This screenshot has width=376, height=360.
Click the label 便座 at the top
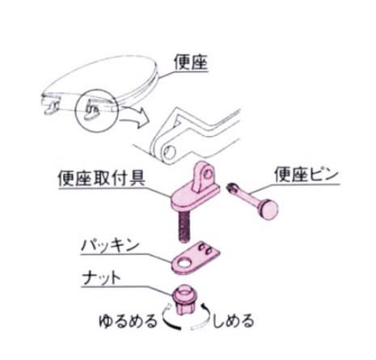coord(191,62)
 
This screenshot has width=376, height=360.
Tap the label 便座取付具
coord(102,178)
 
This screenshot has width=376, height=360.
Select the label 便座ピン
coord(306,175)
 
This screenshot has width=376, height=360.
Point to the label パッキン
coord(111,245)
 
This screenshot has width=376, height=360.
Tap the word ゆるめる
coord(128,321)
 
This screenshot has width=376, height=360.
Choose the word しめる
coord(234,320)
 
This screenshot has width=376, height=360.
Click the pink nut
coord(185,300)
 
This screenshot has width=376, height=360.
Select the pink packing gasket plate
coord(196,258)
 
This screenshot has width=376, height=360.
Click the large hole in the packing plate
coord(184,263)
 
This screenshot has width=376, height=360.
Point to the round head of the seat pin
coord(268,210)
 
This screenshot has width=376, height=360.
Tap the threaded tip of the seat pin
coord(232,188)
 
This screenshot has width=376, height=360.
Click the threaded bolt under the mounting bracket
coord(184,226)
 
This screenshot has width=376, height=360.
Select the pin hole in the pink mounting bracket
coord(207,175)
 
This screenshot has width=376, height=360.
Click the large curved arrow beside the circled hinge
coord(135,116)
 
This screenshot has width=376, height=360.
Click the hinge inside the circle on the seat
coord(91,111)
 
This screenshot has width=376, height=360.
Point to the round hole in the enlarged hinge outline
coord(169,153)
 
